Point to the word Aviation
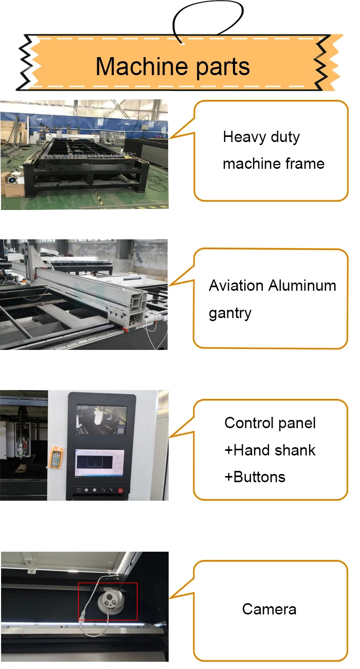pos(236,286)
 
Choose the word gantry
pos(230,313)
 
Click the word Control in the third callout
pos(248,423)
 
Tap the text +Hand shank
pos(270,450)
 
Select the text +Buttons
pos(255,477)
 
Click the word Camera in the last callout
pos(269,609)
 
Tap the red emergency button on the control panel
pos(121,491)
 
